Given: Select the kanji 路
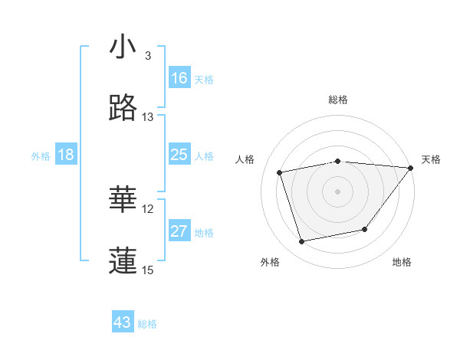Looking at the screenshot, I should pos(123,109).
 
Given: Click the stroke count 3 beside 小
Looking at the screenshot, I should pos(148,56).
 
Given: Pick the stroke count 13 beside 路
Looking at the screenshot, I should pos(148,117).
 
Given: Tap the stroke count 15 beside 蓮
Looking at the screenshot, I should pos(148,270).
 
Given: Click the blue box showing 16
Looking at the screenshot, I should pos(179,78).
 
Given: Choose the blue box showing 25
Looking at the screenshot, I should pos(179,155).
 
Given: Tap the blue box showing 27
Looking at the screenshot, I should pos(179,231).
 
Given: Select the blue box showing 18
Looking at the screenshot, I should pos(66,155).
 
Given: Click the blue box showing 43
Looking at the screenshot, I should pos(123,322).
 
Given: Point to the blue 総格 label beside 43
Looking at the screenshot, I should pos(148,324).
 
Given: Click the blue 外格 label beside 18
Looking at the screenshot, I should pos(41,156).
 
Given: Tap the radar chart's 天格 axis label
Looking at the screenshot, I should pos(432,159).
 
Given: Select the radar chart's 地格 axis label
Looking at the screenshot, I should pos(402,262).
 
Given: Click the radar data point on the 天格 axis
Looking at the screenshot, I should pos(410,168).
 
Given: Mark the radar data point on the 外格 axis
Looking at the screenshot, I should pos(302,242).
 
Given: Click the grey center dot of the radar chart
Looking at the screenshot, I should pos(338,191).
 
